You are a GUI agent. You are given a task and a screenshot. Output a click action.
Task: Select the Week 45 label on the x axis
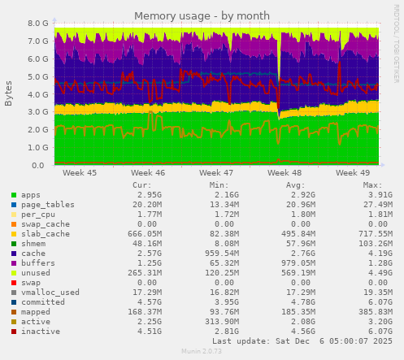tap(80, 173)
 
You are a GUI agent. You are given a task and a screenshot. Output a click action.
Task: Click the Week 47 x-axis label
tap(216, 173)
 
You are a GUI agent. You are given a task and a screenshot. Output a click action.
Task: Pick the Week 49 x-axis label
tap(352, 173)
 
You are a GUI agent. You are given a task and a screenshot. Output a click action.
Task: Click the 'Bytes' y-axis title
tap(9, 93)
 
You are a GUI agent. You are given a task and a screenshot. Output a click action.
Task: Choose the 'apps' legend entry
tap(31, 195)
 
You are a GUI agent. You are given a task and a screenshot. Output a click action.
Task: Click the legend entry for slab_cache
tap(42, 234)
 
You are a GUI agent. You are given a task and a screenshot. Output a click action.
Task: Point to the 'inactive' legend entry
tap(40, 331)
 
